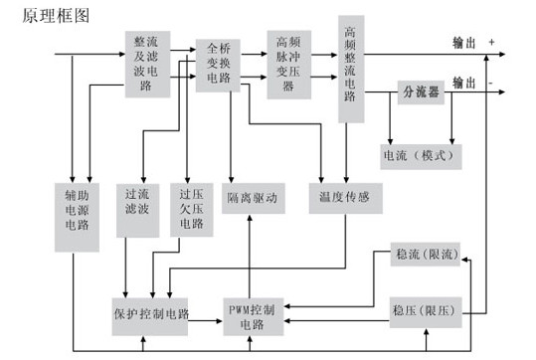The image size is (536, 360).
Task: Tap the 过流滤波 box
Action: (x=132, y=209)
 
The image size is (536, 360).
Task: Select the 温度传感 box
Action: (x=345, y=198)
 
